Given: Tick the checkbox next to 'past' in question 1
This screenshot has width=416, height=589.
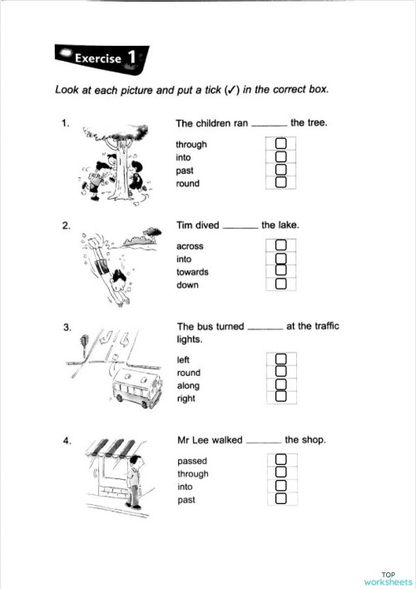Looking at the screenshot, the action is point(281,170).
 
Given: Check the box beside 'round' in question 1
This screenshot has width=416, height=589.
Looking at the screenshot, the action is point(281,182).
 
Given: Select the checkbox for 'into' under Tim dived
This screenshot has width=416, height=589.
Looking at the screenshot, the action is point(281,259).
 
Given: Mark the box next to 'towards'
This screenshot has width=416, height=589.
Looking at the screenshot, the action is point(281,271).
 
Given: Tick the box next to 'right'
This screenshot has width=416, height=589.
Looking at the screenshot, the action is point(281,397).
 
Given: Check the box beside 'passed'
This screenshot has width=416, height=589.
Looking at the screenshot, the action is point(281,460).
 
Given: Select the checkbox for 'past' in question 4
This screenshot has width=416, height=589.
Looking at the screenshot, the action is point(281,498).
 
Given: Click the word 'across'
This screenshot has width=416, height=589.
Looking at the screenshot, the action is point(190,246).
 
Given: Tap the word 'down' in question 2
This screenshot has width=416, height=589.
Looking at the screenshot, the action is point(188,285).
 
